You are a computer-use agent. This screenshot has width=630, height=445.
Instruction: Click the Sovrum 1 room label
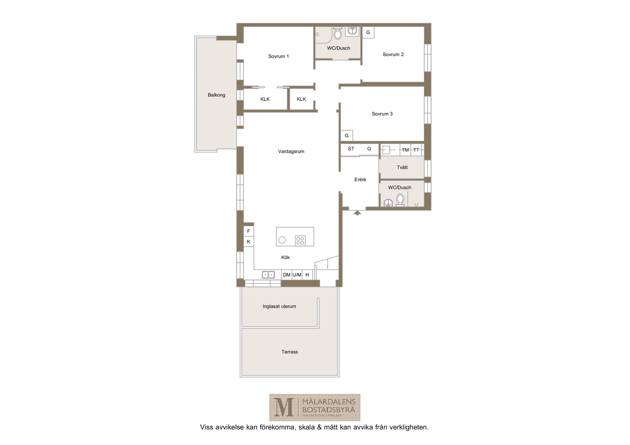[278, 56]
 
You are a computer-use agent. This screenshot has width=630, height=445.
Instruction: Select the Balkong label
[217, 95]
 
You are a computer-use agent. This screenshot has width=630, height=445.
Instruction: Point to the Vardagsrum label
[291, 151]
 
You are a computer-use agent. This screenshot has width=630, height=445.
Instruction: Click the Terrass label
[290, 352]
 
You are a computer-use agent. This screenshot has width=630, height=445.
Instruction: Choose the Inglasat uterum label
[279, 306]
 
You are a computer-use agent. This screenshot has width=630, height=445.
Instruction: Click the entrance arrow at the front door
[357, 213]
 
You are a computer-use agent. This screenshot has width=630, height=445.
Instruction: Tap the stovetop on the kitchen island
[300, 241]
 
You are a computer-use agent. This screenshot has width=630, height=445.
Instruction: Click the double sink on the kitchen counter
[268, 275]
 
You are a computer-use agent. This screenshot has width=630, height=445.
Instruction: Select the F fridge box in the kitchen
[249, 231]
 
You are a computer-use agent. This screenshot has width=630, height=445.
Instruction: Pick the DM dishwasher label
[287, 275]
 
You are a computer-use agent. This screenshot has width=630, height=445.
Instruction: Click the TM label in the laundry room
[405, 150]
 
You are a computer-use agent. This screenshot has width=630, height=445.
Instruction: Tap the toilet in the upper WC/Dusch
[338, 33]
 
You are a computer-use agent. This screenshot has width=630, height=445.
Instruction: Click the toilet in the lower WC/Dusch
[400, 200]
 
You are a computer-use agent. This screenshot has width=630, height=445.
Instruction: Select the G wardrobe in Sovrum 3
[347, 136]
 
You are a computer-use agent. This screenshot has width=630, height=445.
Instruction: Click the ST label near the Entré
[351, 149]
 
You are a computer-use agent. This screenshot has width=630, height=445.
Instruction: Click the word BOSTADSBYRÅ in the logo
[328, 410]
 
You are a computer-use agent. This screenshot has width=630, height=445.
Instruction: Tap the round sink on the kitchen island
[282, 240]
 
